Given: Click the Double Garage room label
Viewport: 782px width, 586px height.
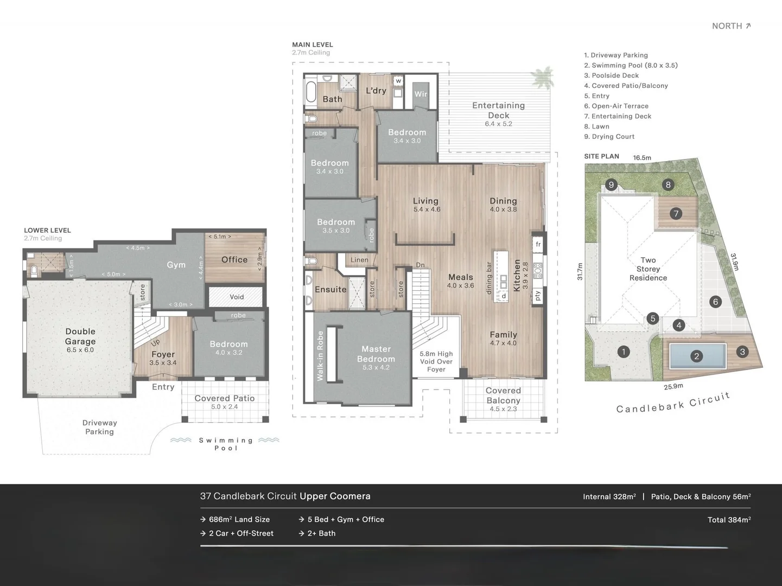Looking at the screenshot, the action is tap(80, 336).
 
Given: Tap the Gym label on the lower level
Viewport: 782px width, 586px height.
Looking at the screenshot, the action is tap(176, 265).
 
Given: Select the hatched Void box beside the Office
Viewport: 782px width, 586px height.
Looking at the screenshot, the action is tap(236, 297).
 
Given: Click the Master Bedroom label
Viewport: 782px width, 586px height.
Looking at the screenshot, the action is tap(376, 354).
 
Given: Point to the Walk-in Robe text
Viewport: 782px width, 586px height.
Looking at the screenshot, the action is tap(320, 355).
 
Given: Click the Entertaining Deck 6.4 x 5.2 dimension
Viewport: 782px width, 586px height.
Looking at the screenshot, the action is tap(498, 124).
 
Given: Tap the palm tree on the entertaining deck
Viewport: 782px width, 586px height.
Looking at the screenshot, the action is tap(543, 77).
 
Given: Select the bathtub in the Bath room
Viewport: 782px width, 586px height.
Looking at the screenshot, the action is tap(311, 92).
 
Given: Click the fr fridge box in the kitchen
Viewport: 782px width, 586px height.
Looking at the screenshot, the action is tap(538, 244).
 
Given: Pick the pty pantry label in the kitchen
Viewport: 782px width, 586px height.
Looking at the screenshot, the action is tap(538, 295).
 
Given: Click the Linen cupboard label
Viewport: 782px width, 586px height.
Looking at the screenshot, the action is tap(359, 260).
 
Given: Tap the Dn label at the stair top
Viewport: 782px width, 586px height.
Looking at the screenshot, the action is tap(421, 265).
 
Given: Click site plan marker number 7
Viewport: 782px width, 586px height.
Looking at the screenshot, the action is tap(676, 214).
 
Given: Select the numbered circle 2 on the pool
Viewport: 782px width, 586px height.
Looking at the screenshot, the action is tap(696, 356).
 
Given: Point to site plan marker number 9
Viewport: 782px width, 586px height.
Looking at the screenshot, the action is tap(612, 185).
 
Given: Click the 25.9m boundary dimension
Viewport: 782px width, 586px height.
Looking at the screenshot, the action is tap(673, 386).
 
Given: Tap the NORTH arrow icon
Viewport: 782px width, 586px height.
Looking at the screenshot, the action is tap(748, 26).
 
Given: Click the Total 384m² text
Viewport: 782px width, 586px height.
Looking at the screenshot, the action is tap(729, 520).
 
